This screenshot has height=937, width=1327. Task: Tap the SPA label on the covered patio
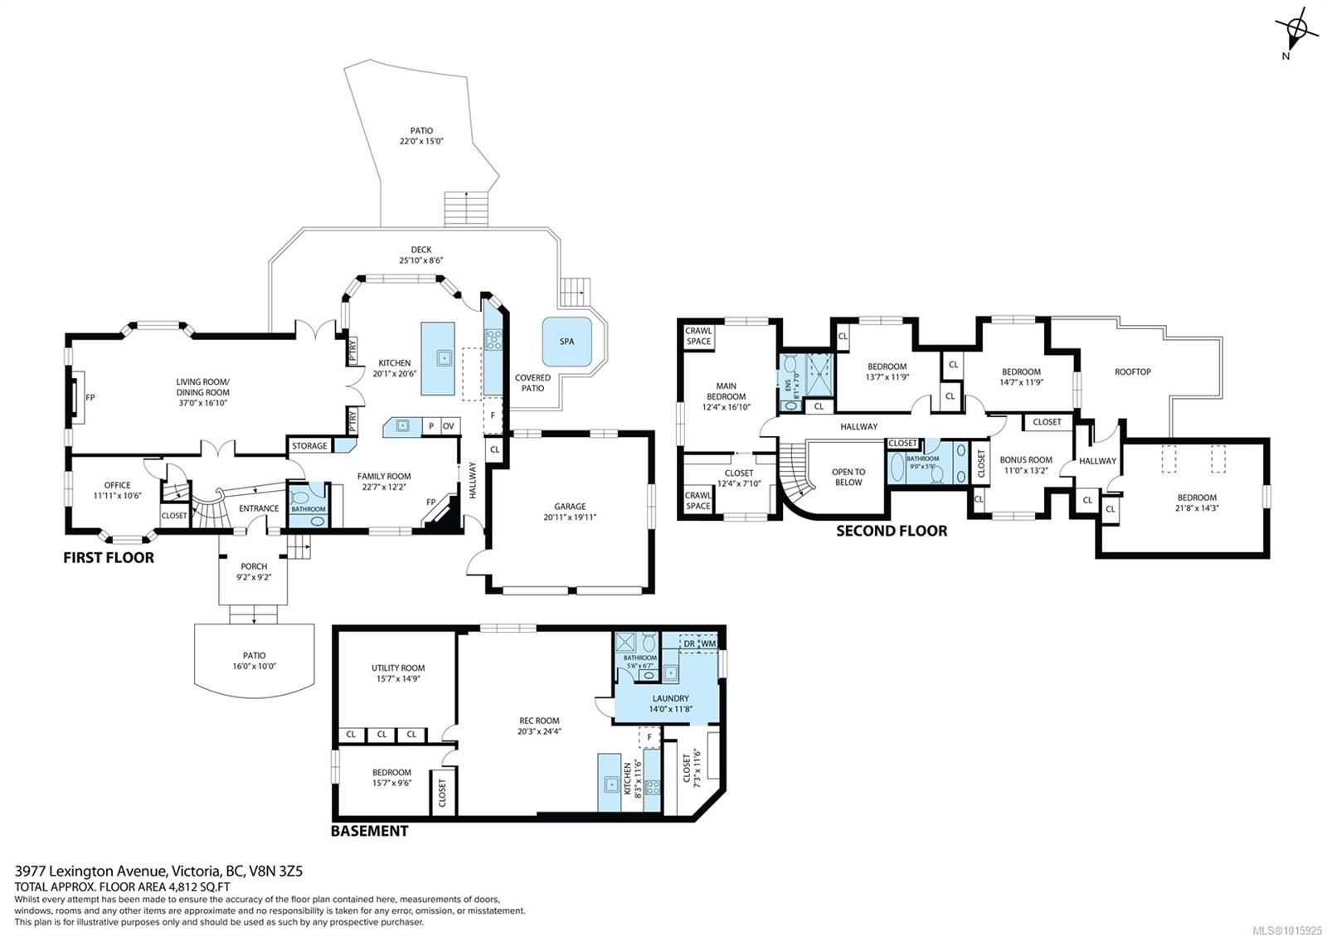pos(566,341)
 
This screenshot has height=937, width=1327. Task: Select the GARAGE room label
pos(570,507)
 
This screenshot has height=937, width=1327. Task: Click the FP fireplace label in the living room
pos(90,398)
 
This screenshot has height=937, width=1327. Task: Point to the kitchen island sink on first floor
pos(445,358)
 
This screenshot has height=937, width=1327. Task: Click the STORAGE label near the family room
pos(309,446)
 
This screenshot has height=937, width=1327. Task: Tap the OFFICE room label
pos(117,485)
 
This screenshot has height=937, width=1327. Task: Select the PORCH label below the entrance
pos(254,566)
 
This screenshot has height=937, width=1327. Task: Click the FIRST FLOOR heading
pos(109,558)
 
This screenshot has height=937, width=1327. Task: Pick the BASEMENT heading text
pos(369,831)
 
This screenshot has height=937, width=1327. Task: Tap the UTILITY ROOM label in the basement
pos(398,668)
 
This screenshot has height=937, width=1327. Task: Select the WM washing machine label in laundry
pos(708,643)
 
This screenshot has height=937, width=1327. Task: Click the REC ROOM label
pos(539,721)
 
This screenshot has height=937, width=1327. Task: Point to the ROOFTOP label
pos(1132,371)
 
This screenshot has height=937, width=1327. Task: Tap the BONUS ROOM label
pos(1026,459)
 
